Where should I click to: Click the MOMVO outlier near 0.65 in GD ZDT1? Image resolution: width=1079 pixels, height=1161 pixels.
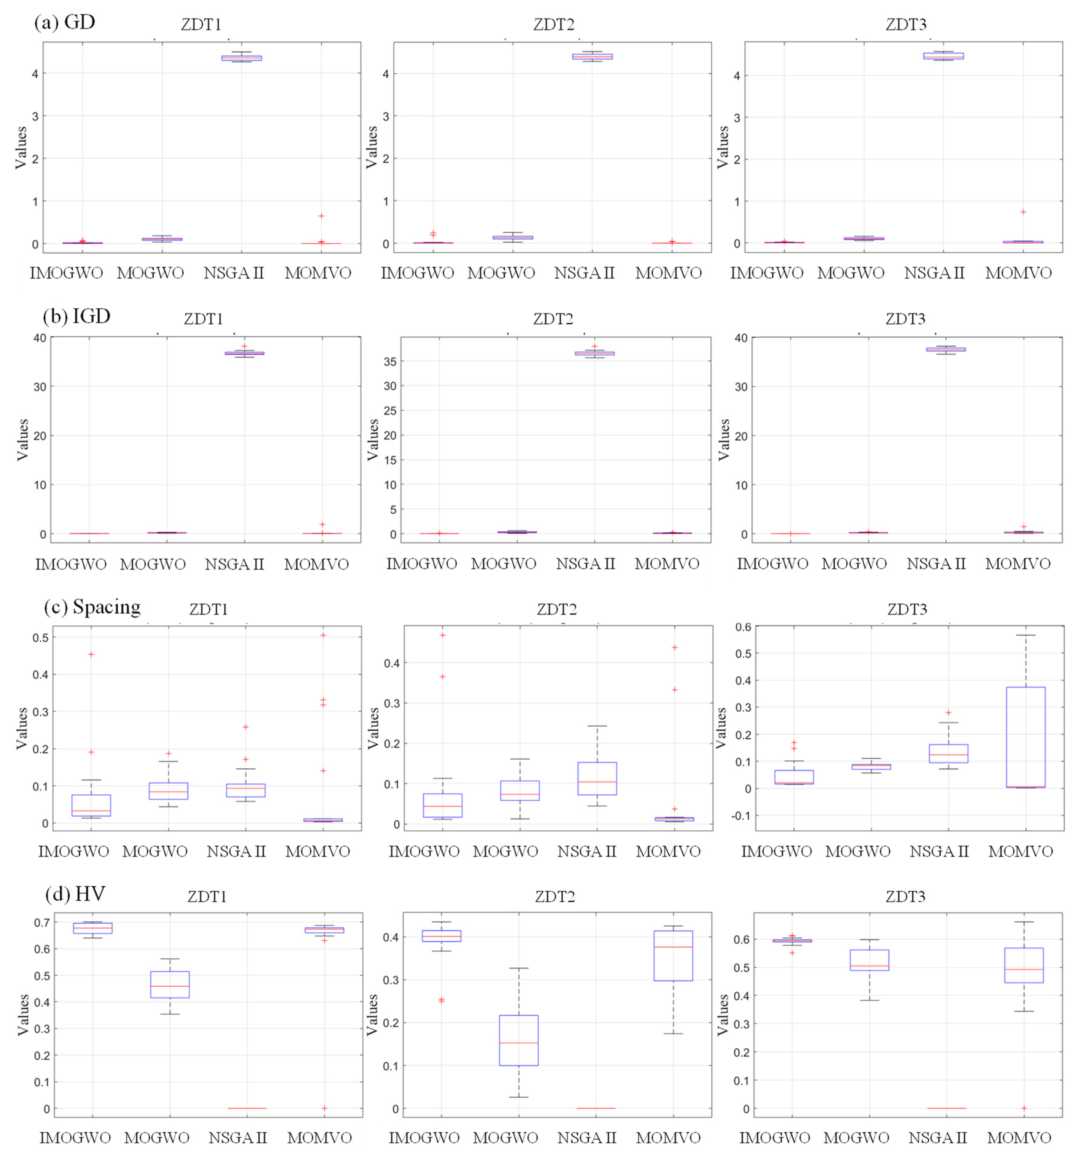321,216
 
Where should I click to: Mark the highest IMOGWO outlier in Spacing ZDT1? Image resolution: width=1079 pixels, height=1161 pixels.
91,654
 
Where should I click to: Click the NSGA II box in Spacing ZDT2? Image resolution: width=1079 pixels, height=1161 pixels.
597,778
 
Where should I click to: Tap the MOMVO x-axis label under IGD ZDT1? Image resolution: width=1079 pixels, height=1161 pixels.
316,564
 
